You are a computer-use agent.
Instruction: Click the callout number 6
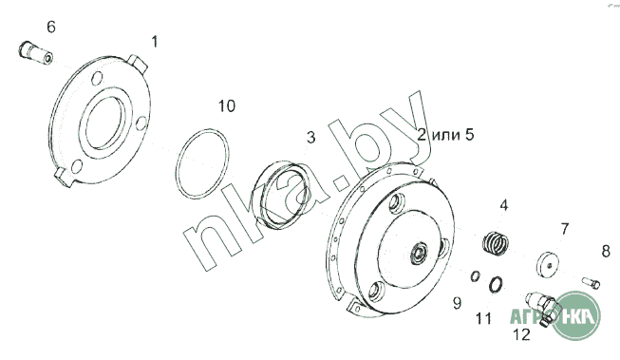coord(51,28)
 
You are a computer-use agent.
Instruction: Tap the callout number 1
coord(155,42)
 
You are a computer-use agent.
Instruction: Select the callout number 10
coord(227,106)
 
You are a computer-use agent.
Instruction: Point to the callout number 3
coord(311,138)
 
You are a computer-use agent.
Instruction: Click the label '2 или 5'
coord(445,135)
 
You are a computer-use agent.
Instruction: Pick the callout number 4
coord(504,206)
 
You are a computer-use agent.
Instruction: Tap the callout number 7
coord(565,229)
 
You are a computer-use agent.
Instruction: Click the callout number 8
coord(606,251)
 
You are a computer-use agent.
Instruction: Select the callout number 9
coord(457,303)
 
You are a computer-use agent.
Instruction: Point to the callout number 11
coord(483,318)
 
